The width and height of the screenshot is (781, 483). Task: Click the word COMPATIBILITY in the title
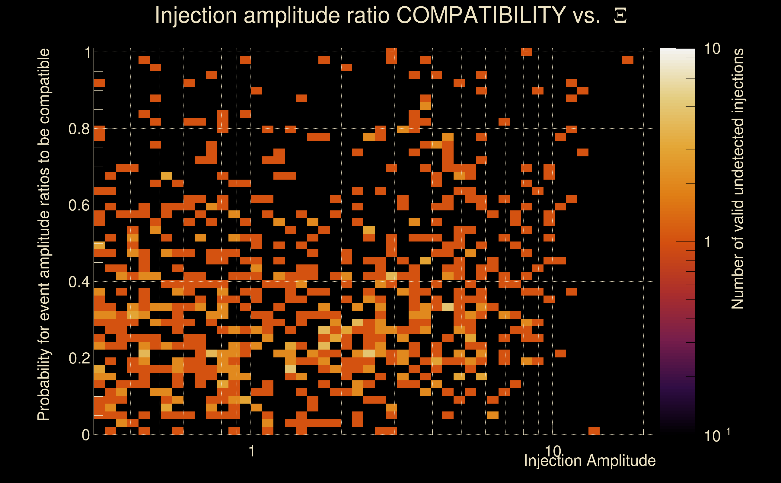click(481, 15)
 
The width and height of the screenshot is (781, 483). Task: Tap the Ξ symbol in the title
click(620, 16)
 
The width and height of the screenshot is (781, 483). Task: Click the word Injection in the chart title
click(196, 15)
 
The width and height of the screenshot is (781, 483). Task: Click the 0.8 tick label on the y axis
click(79, 129)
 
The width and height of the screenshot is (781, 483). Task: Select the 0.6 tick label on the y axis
click(79, 205)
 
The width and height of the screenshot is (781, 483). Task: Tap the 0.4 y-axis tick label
click(79, 282)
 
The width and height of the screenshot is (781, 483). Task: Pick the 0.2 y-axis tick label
click(79, 358)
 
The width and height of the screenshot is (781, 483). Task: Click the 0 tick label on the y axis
click(86, 435)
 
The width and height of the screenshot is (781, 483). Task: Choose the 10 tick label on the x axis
click(553, 451)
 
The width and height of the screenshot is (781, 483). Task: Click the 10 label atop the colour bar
click(712, 49)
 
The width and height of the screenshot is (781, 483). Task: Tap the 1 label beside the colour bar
click(708, 242)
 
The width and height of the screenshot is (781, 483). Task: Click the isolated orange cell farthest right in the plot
click(628, 60)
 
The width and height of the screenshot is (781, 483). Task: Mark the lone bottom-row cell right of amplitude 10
click(594, 430)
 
